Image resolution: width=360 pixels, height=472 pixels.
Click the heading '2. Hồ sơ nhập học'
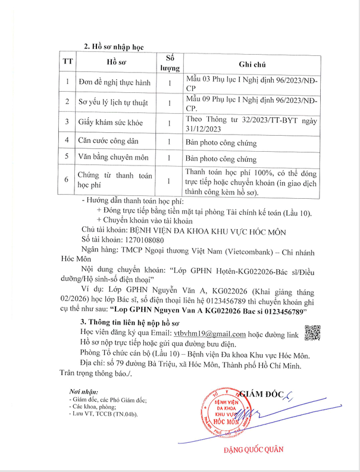[113, 46]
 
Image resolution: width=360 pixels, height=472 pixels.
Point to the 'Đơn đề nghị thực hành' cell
[114, 82]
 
